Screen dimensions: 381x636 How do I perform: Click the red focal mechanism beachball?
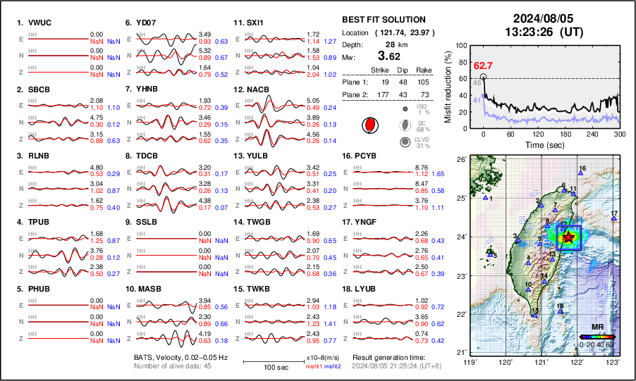368,125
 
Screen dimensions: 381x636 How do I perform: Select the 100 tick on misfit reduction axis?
464,44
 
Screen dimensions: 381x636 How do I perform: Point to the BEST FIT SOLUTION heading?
383,20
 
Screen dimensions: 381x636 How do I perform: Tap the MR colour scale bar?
597,337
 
